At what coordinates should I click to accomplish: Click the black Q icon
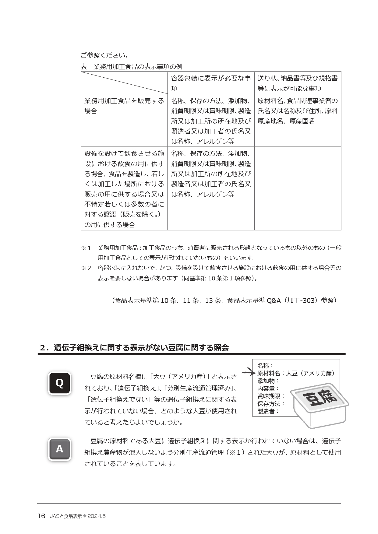[x=60, y=383]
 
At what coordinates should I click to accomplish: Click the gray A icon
[x=60, y=449]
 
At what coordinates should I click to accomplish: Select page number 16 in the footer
[x=41, y=516]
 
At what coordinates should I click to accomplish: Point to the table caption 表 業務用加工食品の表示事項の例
[x=132, y=67]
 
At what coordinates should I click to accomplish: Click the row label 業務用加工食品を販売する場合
[x=124, y=106]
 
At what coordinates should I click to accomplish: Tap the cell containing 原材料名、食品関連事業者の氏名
[x=297, y=111]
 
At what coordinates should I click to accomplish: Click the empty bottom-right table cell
[x=297, y=188]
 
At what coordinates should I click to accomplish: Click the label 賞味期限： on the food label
[x=271, y=396]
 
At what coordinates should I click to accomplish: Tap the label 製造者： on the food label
[x=268, y=411]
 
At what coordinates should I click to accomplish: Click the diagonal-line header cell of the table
[x=124, y=83]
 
